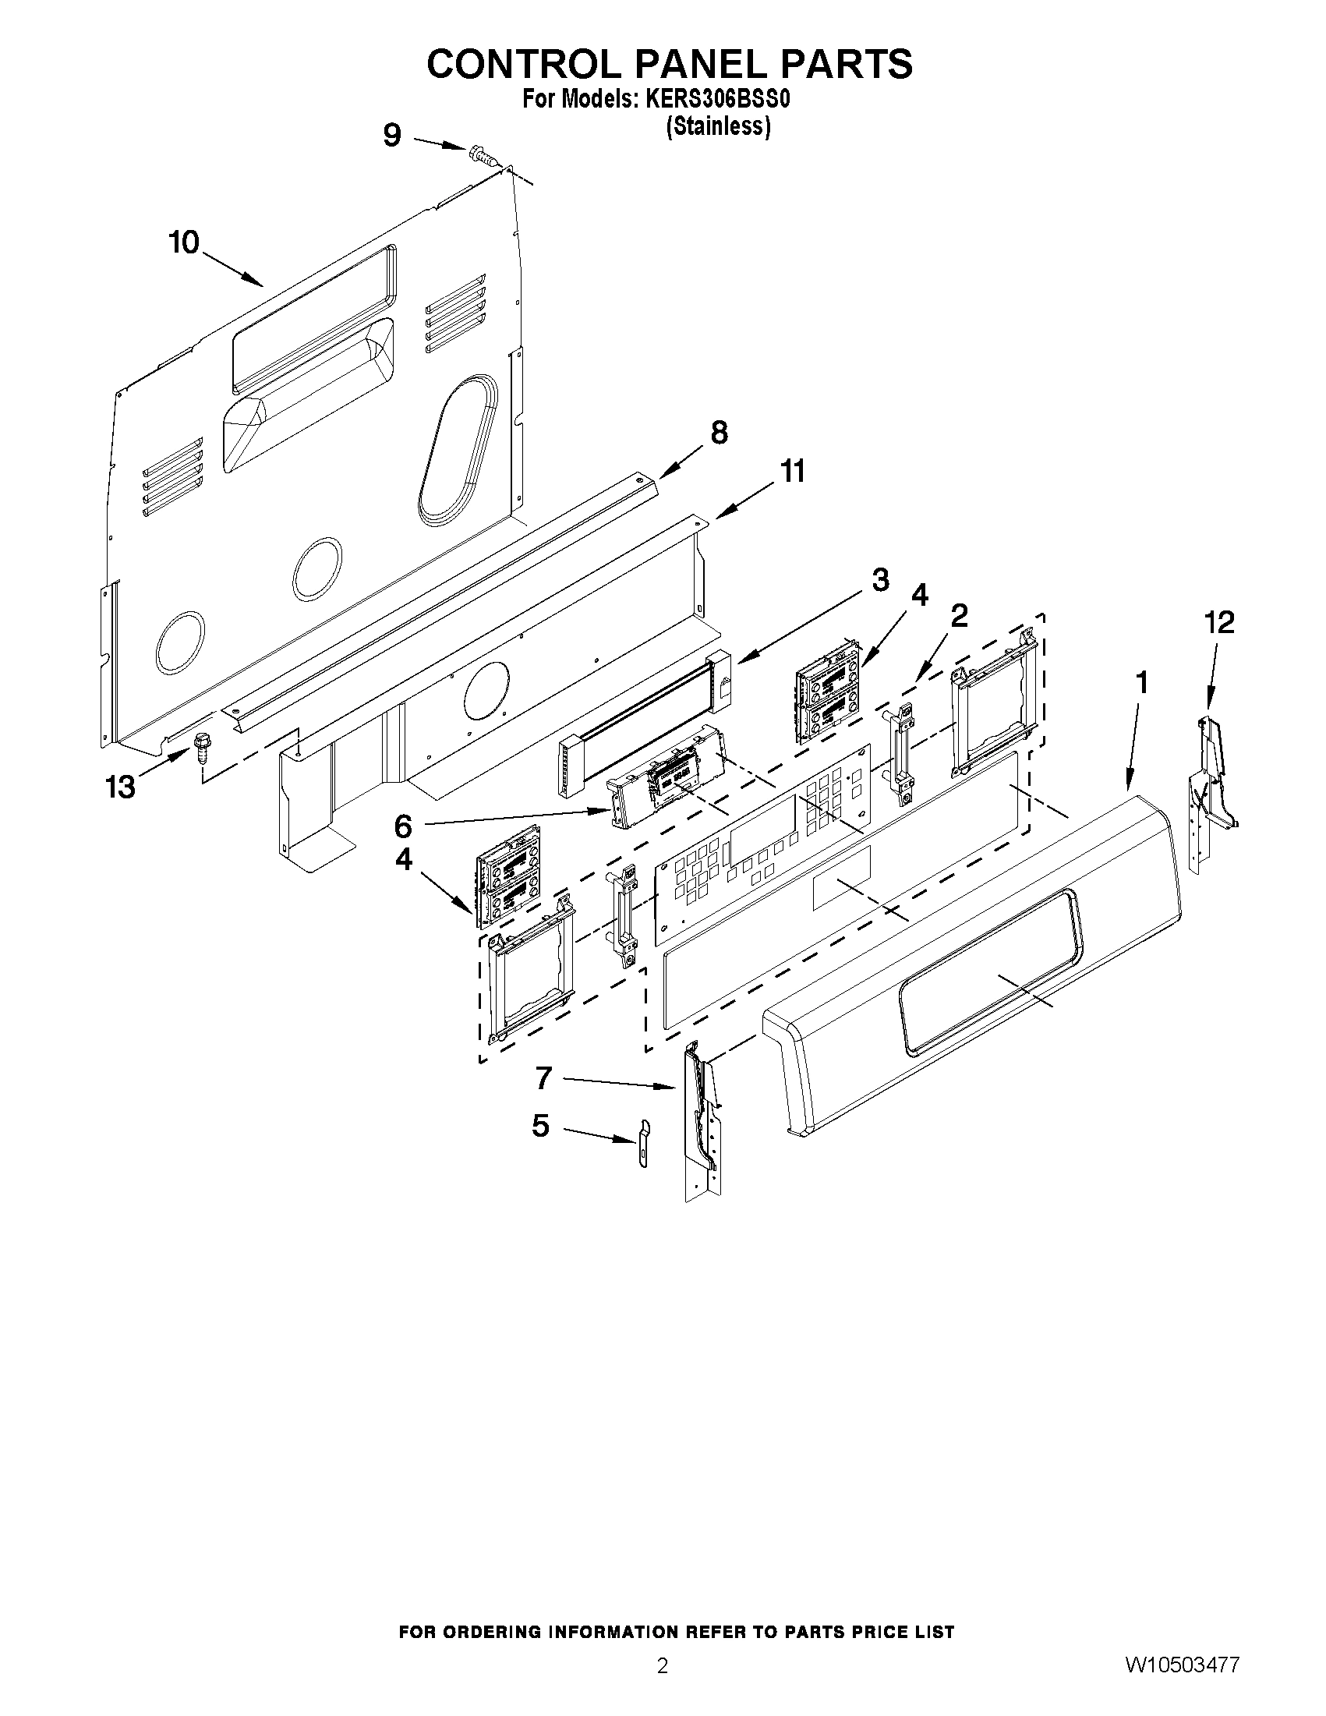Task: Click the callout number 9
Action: [392, 136]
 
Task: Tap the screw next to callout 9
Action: [482, 157]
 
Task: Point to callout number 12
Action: [1219, 622]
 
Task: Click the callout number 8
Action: [719, 433]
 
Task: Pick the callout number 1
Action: [1142, 683]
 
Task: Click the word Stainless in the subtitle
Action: [718, 126]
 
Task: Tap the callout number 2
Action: [959, 614]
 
